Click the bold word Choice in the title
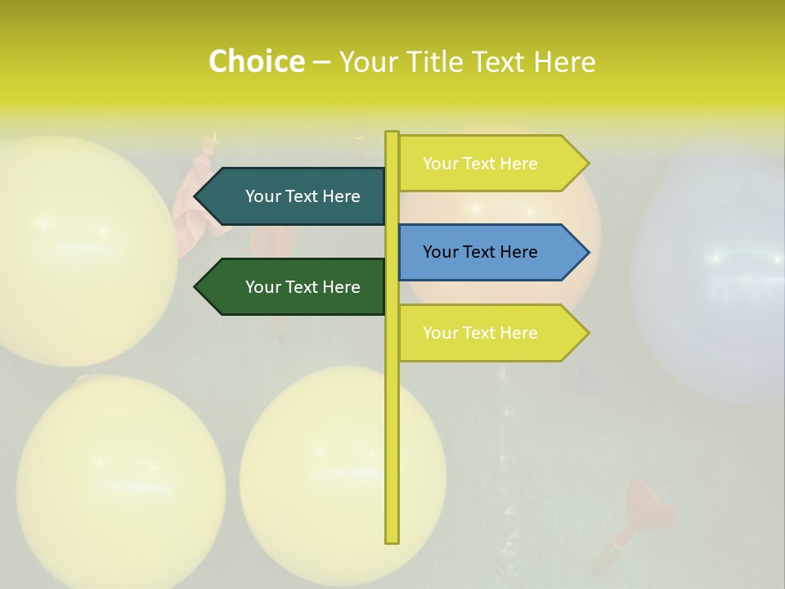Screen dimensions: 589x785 256,61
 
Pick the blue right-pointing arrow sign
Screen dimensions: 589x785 491,252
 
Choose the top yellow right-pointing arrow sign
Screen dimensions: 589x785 491,164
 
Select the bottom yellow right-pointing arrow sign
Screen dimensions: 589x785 491,333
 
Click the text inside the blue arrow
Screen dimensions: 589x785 480,252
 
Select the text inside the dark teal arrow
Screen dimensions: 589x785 303,196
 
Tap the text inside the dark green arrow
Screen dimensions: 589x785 303,287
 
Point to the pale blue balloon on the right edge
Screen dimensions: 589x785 720,278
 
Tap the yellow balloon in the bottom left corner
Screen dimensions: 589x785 120,483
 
